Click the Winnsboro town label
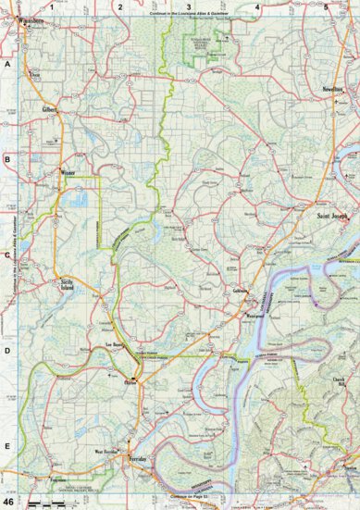tap(29, 18)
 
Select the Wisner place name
tap(68, 172)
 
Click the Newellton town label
tap(333, 88)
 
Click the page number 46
tap(9, 502)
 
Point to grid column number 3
tap(188, 6)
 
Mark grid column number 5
tap(326, 6)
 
